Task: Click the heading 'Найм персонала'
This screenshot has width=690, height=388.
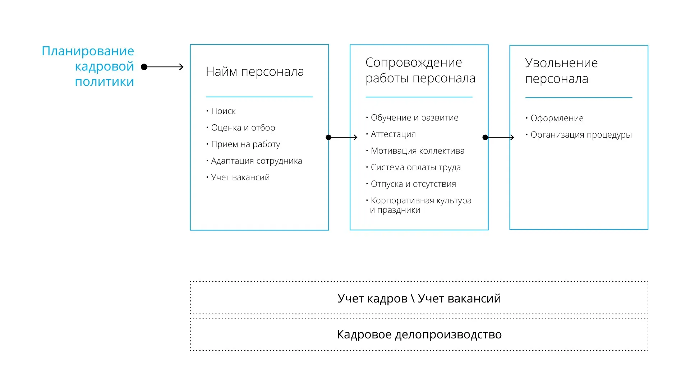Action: pyautogui.click(x=255, y=72)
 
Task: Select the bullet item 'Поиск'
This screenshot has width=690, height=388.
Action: pyautogui.click(x=223, y=111)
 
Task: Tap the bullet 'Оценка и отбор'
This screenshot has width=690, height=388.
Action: pyautogui.click(x=243, y=128)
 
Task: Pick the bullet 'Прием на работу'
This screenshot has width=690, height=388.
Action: pyautogui.click(x=245, y=144)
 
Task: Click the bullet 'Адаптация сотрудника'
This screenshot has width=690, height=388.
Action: pyautogui.click(x=256, y=161)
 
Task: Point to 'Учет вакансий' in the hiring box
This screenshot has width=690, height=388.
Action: pyautogui.click(x=240, y=177)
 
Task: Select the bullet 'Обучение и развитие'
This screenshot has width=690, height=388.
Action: pyautogui.click(x=414, y=118)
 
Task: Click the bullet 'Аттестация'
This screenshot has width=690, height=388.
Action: pyautogui.click(x=393, y=134)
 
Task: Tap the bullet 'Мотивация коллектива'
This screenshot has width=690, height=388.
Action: pyautogui.click(x=418, y=151)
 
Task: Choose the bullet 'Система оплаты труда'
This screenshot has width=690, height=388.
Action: pyautogui.click(x=415, y=167)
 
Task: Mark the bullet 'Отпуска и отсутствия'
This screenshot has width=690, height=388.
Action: pyautogui.click(x=413, y=184)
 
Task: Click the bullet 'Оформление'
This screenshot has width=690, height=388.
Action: pyautogui.click(x=557, y=118)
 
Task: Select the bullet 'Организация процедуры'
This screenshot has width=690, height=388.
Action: pyautogui.click(x=581, y=135)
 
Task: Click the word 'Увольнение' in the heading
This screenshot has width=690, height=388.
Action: pyautogui.click(x=561, y=63)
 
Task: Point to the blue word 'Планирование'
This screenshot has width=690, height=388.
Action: pyautogui.click(x=88, y=51)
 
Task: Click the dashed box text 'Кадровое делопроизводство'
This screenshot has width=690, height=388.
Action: pyautogui.click(x=419, y=334)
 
